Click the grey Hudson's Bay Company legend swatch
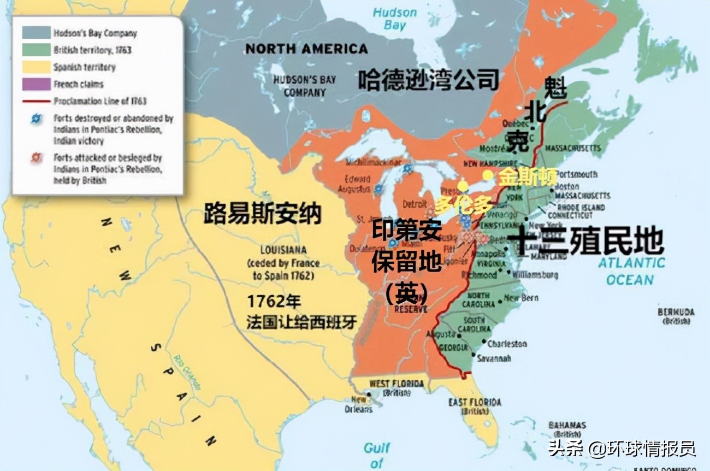[36, 33]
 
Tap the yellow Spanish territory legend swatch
[36, 67]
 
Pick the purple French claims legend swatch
[36, 84]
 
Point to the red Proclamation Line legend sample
[36, 101]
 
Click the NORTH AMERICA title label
[306, 49]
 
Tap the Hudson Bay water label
[394, 19]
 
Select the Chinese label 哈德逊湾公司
[429, 80]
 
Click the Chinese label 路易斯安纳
[262, 214]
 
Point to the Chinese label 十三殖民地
[585, 242]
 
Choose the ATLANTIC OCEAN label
[631, 271]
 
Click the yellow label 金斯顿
[527, 177]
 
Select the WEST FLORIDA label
[397, 384]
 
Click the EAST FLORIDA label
[474, 403]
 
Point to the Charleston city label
[507, 344]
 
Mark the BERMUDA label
[676, 312]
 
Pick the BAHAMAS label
[567, 426]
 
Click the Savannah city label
[493, 358]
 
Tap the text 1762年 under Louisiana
[274, 302]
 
